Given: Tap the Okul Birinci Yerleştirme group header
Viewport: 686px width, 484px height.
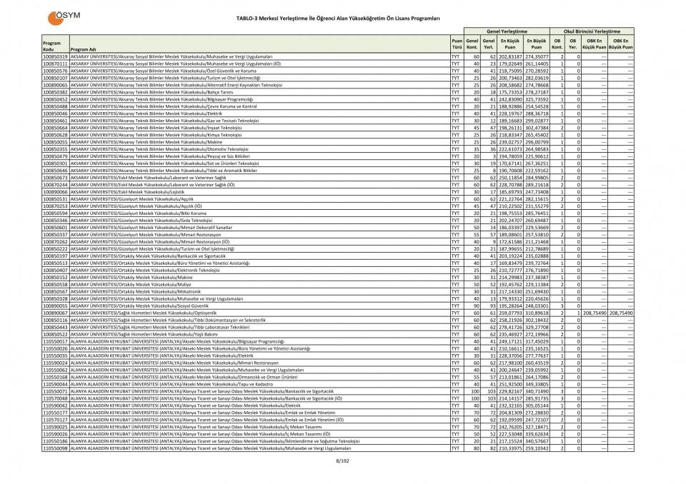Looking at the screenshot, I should pyautogui.click(x=592, y=31).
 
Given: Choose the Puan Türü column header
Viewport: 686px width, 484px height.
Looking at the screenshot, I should pyautogui.click(x=456, y=44).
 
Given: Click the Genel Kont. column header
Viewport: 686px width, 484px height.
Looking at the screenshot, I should pyautogui.click(x=472, y=44).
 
